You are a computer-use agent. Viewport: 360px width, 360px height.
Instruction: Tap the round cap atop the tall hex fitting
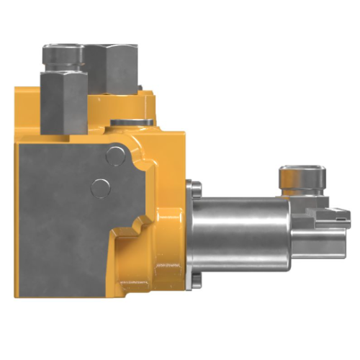pos(63,54)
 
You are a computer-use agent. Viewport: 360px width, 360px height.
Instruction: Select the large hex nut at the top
pos(114,68)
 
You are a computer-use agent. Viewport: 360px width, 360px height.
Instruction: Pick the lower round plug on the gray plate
pos(100,188)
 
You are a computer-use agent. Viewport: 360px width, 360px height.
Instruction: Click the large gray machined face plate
pos(65,216)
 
